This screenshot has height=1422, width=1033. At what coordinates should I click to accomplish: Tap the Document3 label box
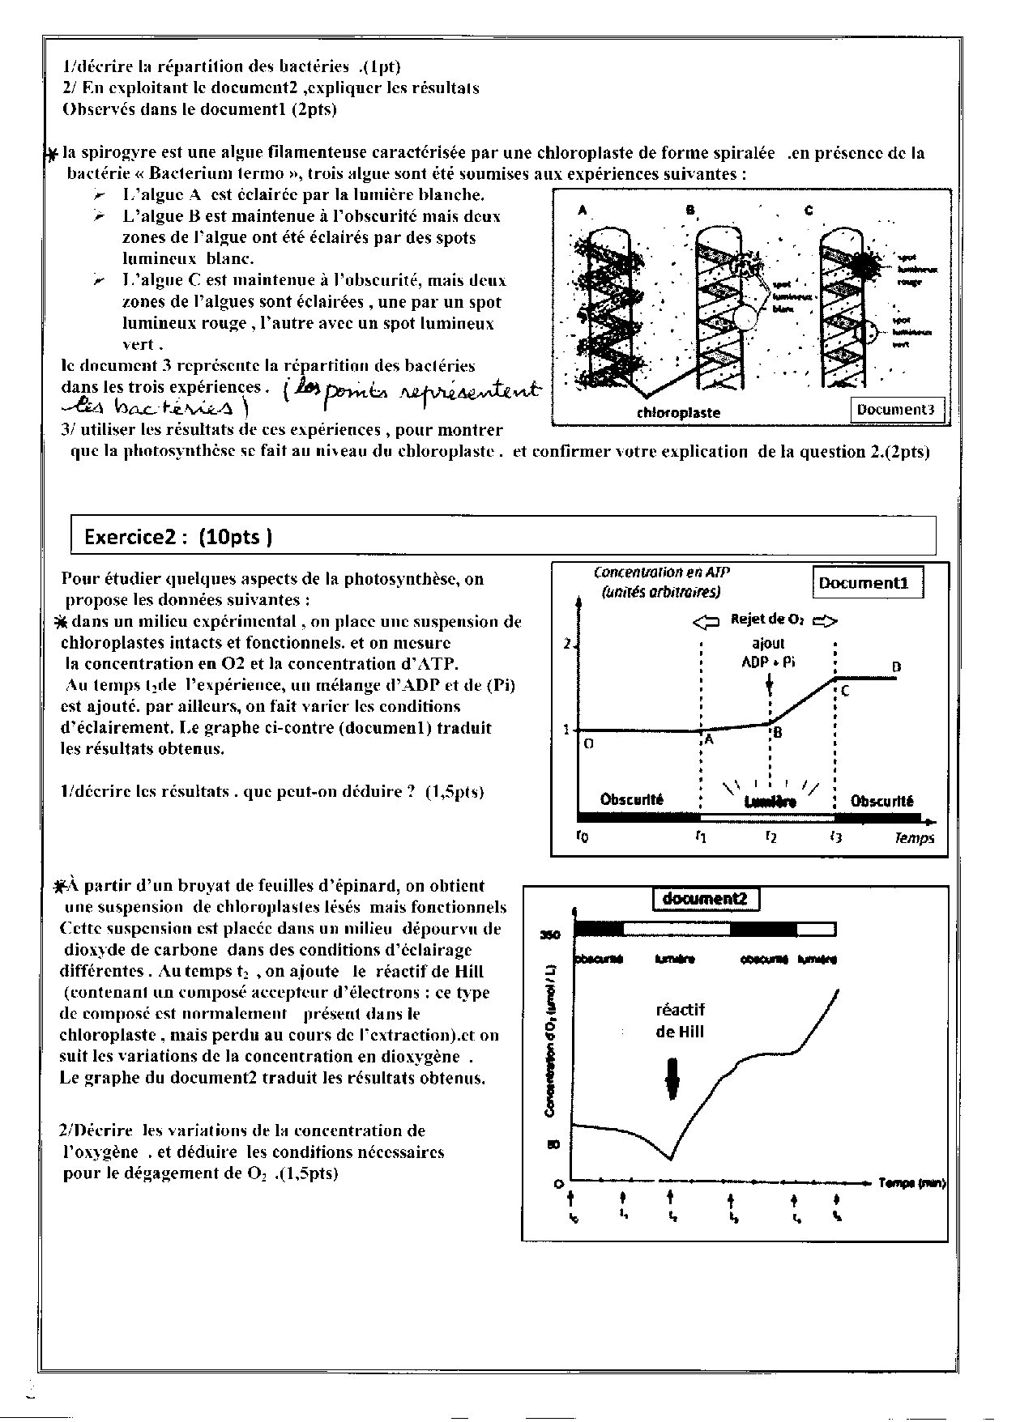(895, 409)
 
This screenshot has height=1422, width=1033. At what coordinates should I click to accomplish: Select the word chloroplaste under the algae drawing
(679, 412)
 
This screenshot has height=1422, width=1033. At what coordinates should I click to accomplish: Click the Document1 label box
(868, 583)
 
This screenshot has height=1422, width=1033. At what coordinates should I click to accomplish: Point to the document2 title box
(706, 899)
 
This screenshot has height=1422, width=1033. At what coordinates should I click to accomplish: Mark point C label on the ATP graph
(845, 692)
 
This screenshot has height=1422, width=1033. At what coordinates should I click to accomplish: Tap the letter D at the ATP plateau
(896, 667)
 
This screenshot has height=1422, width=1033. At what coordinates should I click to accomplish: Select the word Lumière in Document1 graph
(770, 802)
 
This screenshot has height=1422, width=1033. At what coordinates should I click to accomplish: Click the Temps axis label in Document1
(914, 837)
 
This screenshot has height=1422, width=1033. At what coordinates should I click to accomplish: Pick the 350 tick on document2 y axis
(551, 935)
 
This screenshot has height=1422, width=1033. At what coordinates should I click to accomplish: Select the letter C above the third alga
(809, 211)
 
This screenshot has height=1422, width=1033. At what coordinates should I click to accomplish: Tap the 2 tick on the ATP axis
(567, 645)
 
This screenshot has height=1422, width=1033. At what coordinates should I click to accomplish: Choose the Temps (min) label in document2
(911, 1183)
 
